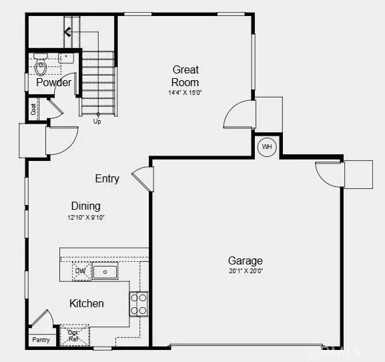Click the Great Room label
[x=185, y=75]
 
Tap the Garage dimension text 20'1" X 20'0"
[x=245, y=271]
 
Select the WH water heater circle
[x=267, y=147]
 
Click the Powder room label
[x=54, y=83]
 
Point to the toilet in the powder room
[x=40, y=67]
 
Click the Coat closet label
[x=33, y=109]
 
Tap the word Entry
[x=107, y=178]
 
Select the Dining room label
[x=86, y=206]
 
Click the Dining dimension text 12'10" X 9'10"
[x=86, y=218]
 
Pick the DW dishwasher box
[x=80, y=271]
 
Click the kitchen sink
[x=105, y=272]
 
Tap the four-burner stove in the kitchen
[x=139, y=304]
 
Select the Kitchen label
[x=87, y=303]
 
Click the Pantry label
[x=41, y=340]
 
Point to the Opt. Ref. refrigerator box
[x=74, y=336]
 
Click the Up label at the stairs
[x=97, y=122]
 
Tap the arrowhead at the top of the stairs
[x=67, y=31]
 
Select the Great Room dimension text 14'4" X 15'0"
[x=185, y=93]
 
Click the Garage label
[x=245, y=260]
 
